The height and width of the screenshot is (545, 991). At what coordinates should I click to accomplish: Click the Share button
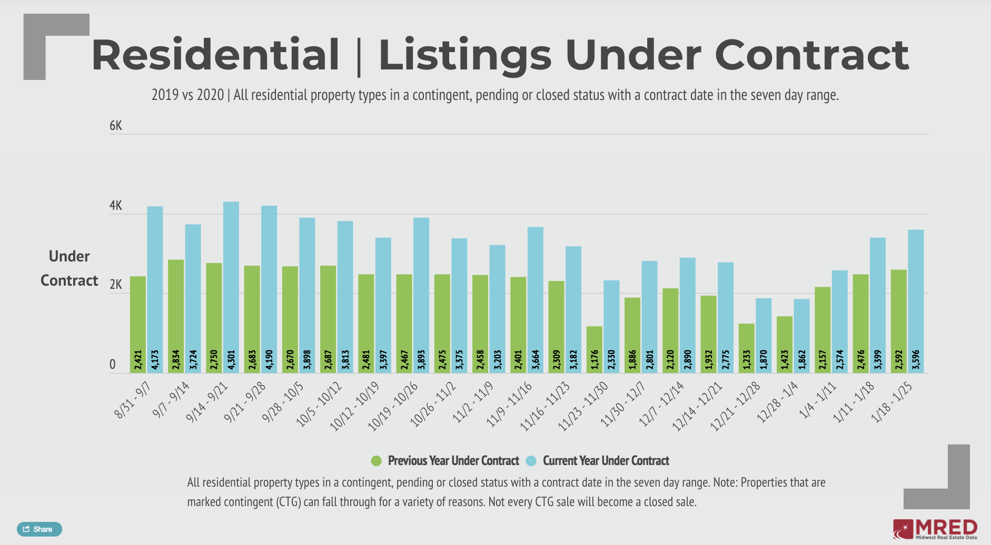[39, 529]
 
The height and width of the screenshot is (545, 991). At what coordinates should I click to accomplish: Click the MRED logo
[935, 529]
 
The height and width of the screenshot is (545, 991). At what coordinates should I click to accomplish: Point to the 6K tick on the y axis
[115, 126]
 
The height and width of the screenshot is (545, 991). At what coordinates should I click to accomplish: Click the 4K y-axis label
[115, 206]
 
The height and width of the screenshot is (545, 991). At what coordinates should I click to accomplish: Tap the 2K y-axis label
[115, 285]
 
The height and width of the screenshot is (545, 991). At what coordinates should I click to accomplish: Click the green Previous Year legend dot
[376, 461]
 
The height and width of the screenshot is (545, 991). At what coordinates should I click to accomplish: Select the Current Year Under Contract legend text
[606, 461]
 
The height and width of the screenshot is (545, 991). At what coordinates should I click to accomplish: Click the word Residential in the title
[215, 55]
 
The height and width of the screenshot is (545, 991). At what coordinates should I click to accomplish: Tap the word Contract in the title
[811, 55]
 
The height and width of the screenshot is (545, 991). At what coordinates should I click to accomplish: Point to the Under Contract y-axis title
[70, 268]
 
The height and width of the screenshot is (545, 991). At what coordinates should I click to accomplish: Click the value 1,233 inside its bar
[747, 359]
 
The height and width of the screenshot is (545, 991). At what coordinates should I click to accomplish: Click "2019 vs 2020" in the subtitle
[187, 95]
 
